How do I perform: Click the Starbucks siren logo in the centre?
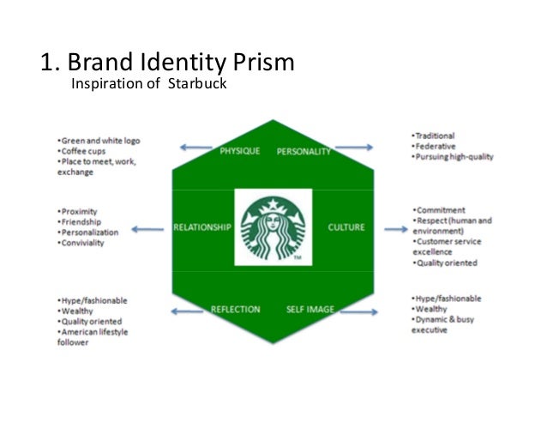tap(273, 227)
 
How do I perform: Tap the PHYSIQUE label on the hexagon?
tap(239, 152)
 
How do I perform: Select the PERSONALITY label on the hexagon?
tap(304, 152)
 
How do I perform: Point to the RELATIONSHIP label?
tap(202, 227)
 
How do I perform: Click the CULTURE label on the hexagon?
tap(346, 227)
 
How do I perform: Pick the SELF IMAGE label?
tap(310, 309)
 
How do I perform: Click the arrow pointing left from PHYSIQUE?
tap(196, 148)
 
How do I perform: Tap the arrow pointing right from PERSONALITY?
tap(352, 148)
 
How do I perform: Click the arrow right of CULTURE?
tap(395, 228)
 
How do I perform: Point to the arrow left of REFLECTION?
tap(189, 311)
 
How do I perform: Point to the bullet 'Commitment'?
tap(440, 210)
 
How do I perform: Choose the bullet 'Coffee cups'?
tap(85, 150)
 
